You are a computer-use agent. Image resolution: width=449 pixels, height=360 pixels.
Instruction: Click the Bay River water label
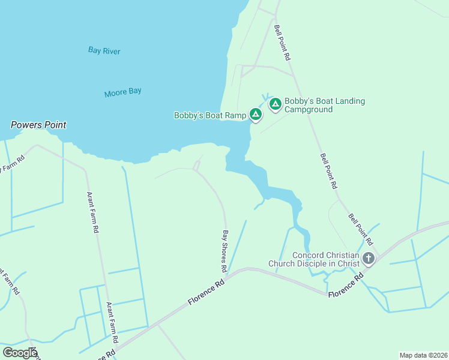tap(104, 51)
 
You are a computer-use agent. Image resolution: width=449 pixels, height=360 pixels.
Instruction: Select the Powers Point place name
tap(38, 125)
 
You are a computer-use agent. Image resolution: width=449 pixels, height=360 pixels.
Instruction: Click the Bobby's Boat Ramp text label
tap(210, 115)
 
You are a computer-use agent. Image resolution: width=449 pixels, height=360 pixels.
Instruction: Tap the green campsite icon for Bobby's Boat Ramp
tap(256, 113)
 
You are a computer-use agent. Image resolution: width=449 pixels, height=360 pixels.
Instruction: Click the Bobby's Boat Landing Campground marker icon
tap(275, 104)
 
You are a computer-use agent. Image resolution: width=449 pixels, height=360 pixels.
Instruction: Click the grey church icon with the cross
tap(368, 258)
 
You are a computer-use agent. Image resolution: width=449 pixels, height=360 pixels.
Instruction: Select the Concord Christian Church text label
tap(313, 259)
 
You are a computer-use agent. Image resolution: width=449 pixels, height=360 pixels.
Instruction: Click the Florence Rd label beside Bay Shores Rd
tap(206, 292)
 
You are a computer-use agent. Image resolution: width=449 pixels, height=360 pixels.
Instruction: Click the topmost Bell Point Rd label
tap(282, 43)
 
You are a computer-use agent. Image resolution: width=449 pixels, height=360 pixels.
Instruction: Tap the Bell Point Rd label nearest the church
tap(361, 230)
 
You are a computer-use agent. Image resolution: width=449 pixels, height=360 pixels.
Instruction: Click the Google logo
tap(20, 353)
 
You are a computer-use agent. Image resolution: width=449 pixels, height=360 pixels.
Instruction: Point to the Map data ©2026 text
tap(423, 355)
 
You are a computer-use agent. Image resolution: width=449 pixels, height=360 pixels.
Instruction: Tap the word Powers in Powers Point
tap(26, 125)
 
